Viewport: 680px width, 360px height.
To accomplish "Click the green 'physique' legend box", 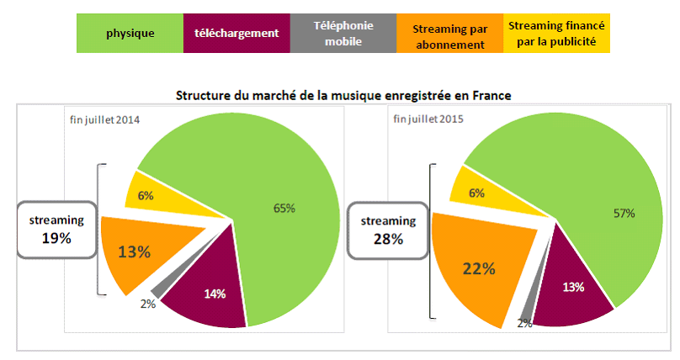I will [x=130, y=34].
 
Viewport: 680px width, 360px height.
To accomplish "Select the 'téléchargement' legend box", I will [x=236, y=34].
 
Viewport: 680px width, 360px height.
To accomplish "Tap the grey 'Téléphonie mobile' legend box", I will [x=343, y=34].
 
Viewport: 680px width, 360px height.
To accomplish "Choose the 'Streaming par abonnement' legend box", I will [x=449, y=34].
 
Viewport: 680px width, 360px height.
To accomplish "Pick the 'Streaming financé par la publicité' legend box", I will [x=556, y=34].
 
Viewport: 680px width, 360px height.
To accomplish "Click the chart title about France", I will [x=343, y=95].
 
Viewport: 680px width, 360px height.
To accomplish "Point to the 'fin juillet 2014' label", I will [x=104, y=119].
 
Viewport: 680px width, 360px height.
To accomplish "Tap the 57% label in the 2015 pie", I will [x=623, y=214].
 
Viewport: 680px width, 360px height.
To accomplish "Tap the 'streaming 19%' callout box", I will [x=56, y=229].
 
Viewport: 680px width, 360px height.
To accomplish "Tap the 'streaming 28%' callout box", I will [x=388, y=230].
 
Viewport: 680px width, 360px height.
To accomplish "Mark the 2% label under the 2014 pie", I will [x=148, y=304].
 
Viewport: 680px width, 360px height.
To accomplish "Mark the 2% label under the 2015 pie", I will [x=524, y=323].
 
